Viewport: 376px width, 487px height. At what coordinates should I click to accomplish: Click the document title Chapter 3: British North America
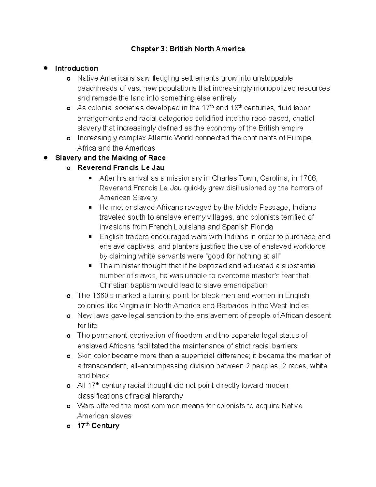pyautogui.click(x=188, y=49)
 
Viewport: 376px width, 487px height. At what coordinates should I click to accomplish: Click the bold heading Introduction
pyautogui.click(x=76, y=68)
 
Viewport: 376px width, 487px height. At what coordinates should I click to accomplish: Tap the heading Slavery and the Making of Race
pyautogui.click(x=110, y=158)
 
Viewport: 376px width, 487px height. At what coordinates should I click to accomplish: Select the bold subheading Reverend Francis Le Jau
pyautogui.click(x=121, y=168)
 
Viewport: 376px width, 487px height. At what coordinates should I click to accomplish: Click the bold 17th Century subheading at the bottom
pyautogui.click(x=98, y=426)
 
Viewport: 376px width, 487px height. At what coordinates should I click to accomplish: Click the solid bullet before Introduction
pyautogui.click(x=46, y=68)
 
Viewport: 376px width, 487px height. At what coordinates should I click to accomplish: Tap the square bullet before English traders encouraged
pyautogui.click(x=91, y=236)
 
